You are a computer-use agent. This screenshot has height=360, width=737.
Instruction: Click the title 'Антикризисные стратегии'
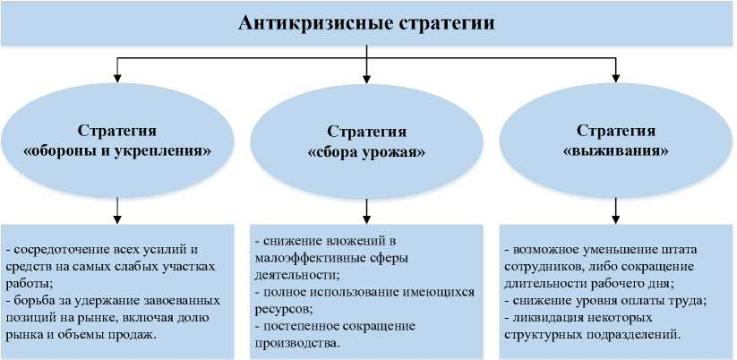point(367,22)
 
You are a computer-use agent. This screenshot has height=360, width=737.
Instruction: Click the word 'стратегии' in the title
point(445,22)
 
